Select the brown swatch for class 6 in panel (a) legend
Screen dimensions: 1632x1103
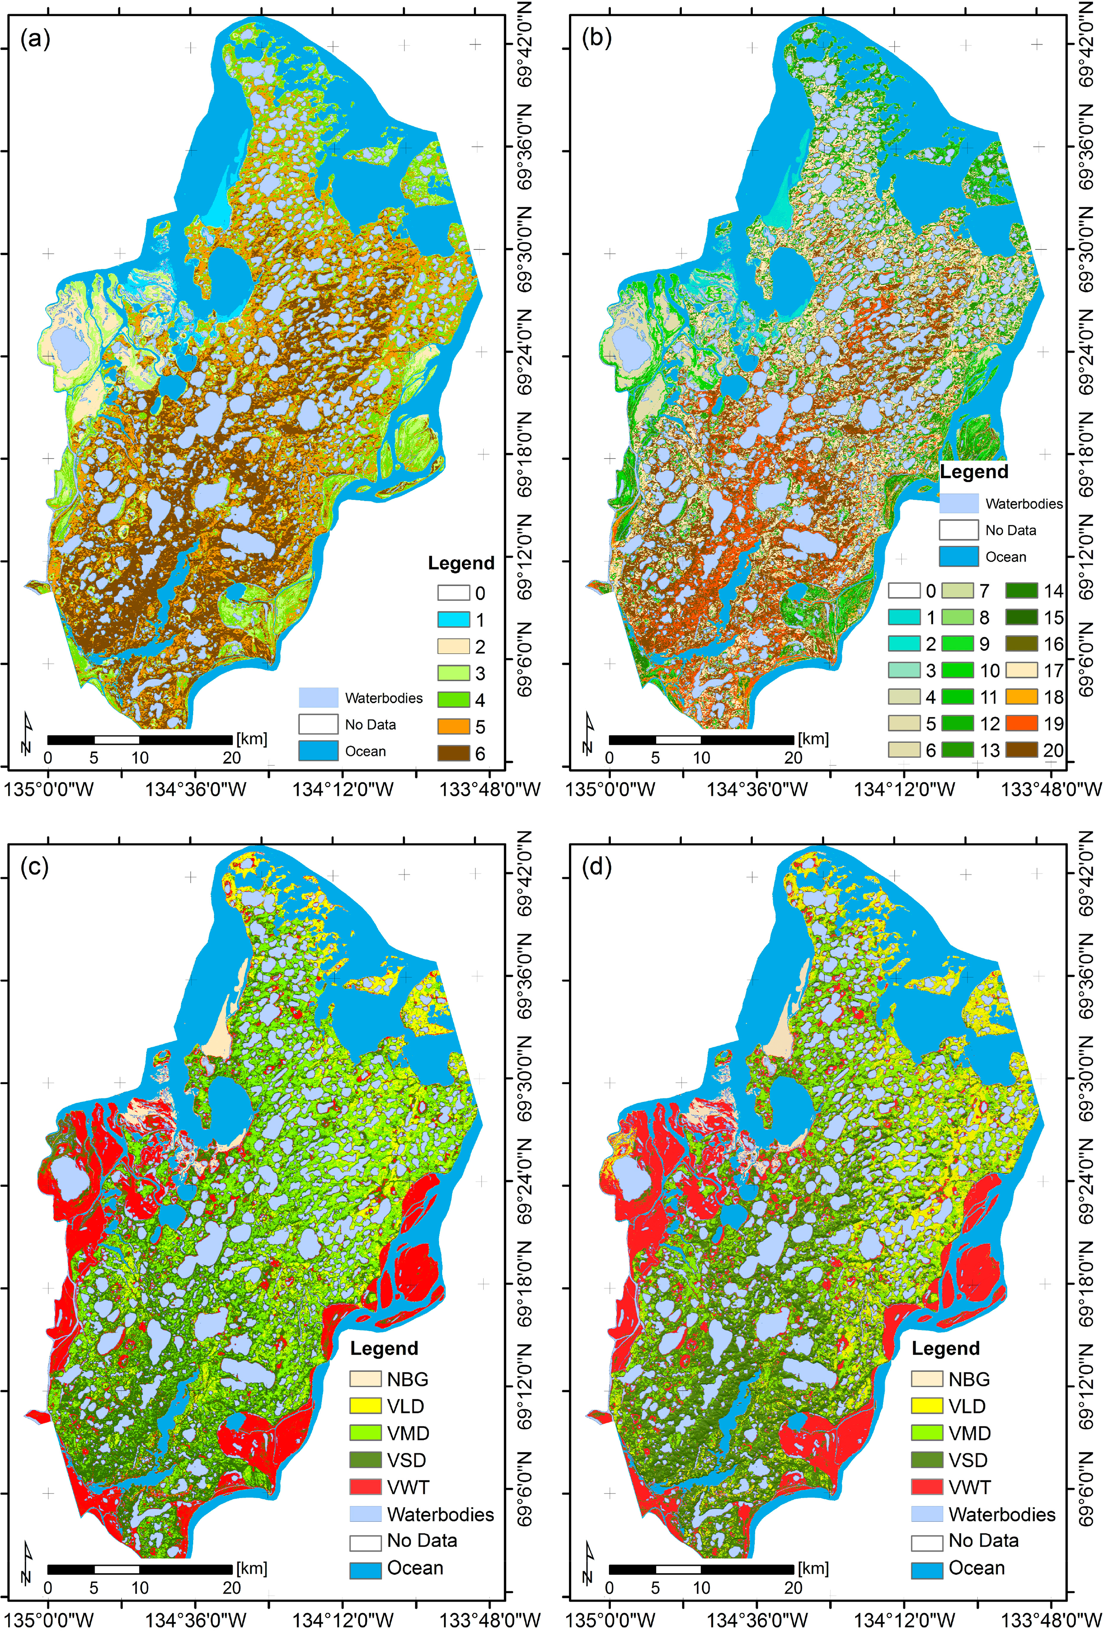point(453,753)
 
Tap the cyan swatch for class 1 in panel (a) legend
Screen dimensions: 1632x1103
point(453,620)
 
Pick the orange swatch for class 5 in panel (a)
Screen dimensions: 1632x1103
point(453,726)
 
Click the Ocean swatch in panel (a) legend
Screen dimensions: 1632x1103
point(318,751)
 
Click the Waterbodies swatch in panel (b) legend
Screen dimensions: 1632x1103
point(958,503)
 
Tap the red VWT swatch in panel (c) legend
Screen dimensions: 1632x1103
point(365,1487)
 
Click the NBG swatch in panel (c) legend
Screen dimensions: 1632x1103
point(365,1379)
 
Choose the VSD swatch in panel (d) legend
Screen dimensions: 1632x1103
point(927,1460)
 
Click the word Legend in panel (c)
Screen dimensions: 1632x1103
point(384,1348)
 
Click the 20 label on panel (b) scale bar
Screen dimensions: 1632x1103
point(794,758)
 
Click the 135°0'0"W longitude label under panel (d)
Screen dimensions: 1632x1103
point(609,1619)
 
